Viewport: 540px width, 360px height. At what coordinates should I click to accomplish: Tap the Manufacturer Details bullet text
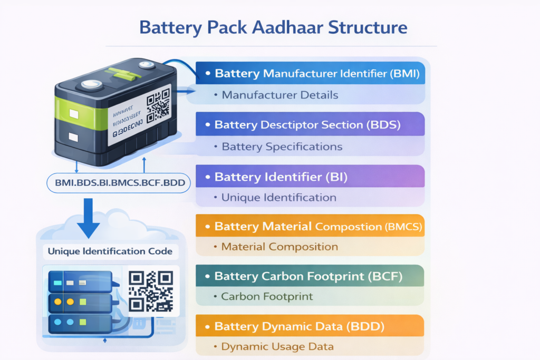coord(279,95)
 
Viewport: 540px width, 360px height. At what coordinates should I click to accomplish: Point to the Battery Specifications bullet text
coord(282,147)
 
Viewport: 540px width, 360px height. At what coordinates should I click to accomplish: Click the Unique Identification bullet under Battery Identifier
coord(278,198)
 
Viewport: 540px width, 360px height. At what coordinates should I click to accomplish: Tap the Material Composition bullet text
coord(279,247)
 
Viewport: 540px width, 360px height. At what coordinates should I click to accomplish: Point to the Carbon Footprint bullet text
coord(267,297)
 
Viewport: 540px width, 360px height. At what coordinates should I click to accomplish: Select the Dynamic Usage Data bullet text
coord(277,347)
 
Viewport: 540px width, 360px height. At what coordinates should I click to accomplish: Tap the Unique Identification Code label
coord(110,251)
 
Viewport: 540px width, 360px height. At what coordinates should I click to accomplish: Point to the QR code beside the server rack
coord(151,291)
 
